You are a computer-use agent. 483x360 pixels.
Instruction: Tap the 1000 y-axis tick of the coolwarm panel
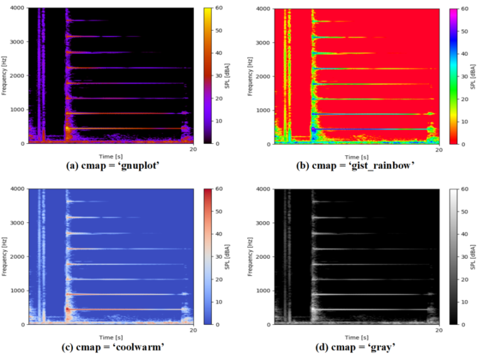coord(16,290)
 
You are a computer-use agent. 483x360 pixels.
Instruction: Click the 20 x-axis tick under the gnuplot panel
coord(192,149)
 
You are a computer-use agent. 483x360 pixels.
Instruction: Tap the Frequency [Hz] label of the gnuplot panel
coord(4,76)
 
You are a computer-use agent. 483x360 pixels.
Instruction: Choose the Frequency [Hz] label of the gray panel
coord(250,256)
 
